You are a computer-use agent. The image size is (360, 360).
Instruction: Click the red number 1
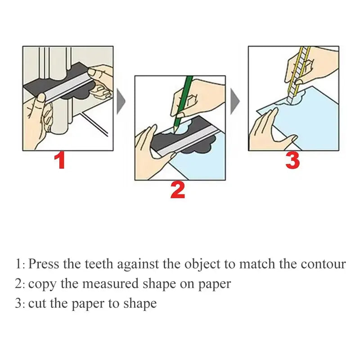(60, 161)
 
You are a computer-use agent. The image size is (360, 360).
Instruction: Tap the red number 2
(177, 190)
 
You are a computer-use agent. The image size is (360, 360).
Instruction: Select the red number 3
(292, 161)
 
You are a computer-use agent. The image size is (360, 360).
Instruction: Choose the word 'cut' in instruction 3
(36, 303)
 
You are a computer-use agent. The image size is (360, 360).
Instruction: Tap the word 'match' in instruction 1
(256, 264)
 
